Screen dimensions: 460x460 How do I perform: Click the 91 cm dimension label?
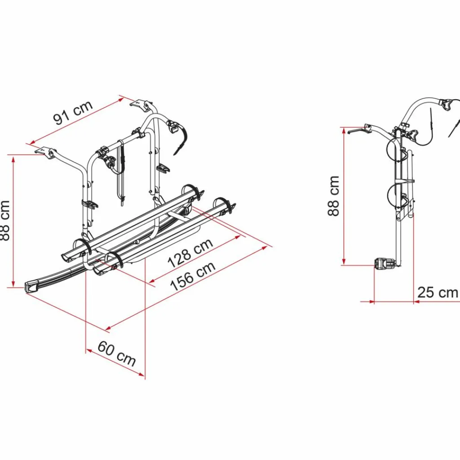pos(73,112)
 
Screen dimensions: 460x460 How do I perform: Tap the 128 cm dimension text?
pos(190,253)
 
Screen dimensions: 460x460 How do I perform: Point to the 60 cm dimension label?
pos(117,354)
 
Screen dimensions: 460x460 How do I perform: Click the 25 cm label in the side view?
pos(438,292)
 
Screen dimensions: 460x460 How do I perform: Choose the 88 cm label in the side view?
pos(334,196)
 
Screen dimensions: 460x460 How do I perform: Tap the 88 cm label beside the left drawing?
pos(5,221)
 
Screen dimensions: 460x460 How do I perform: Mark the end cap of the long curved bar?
pos(32,286)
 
